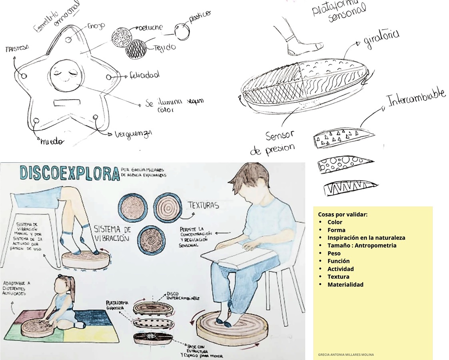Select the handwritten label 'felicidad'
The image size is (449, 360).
[x=144, y=75]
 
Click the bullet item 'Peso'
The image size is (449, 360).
[x=334, y=253]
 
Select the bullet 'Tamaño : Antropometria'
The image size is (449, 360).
[x=361, y=245]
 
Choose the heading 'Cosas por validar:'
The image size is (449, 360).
[x=342, y=214]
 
